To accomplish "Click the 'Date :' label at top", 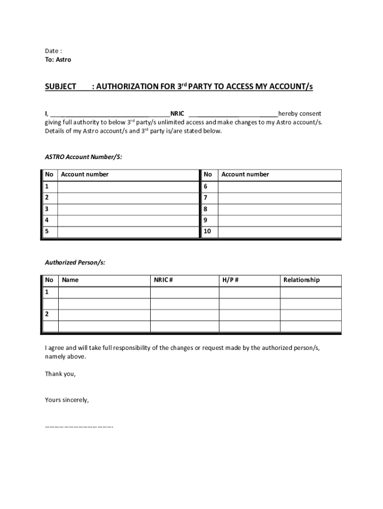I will point(53,51).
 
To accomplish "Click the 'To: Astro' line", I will point(58,60).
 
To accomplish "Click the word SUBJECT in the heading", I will point(60,87).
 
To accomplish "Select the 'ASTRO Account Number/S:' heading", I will point(83,157).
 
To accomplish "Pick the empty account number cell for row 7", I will point(280,198).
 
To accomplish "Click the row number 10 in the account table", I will point(208,232).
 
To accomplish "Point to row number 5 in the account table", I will point(48,232).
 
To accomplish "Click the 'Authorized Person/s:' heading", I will point(75,262).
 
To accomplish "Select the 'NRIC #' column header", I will point(163,280).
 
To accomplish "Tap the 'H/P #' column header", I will point(230,280).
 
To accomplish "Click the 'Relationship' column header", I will point(301,280).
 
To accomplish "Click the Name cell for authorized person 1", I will point(104,292).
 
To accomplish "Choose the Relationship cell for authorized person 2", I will point(310,315).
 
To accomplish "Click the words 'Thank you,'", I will point(60,374).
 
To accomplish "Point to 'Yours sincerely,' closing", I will point(67,400).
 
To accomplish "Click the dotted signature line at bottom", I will point(79,426).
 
